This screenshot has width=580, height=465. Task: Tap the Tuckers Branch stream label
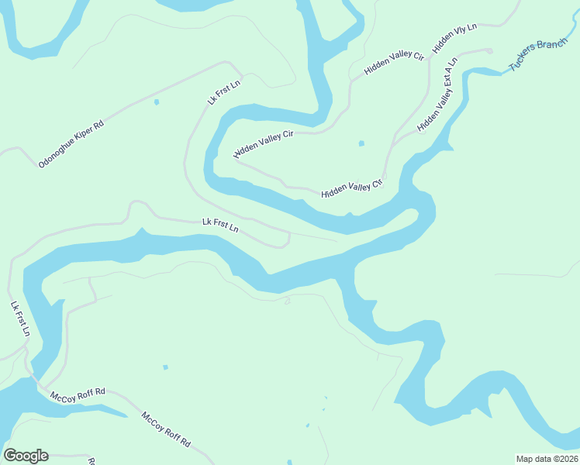tap(538, 55)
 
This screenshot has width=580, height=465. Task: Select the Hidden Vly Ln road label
tap(455, 38)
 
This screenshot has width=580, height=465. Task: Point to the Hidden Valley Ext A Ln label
tap(438, 94)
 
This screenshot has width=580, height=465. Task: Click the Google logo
tap(26, 456)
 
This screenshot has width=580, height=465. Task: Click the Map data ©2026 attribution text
tap(547, 459)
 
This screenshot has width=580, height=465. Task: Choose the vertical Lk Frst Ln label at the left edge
tap(20, 318)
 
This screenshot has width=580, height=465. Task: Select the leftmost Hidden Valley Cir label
tap(264, 144)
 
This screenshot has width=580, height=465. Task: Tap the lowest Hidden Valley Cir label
tap(352, 188)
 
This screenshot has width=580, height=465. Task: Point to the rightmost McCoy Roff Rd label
tap(166, 429)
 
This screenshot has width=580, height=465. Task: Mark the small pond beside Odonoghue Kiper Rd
tap(157, 102)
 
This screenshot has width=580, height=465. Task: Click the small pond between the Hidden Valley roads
tap(361, 143)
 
